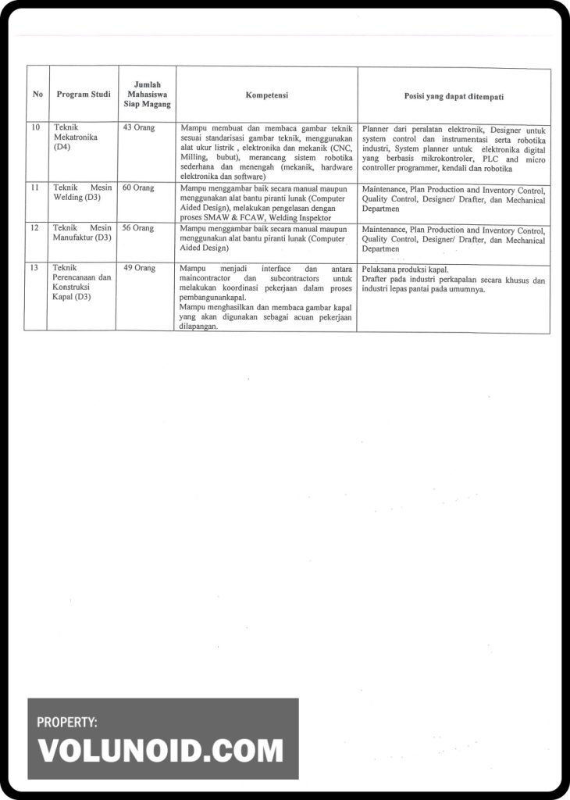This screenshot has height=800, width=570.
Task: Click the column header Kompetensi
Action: click(x=267, y=95)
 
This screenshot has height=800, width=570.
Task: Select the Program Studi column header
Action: click(x=83, y=95)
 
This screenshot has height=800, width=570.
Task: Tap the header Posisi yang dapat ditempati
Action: click(x=454, y=96)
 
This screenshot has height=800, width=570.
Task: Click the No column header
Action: click(x=37, y=95)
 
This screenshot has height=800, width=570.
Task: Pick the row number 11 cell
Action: click(x=35, y=188)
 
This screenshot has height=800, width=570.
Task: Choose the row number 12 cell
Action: click(x=35, y=228)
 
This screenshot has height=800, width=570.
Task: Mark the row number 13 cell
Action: click(x=35, y=268)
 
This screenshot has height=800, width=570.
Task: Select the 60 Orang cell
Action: click(x=138, y=188)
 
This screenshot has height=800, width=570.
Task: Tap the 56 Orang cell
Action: click(x=138, y=228)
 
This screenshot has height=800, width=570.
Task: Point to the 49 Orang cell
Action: click(x=140, y=268)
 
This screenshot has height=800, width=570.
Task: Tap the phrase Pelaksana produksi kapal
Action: click(x=405, y=270)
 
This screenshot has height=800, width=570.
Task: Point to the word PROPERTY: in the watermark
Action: click(x=67, y=723)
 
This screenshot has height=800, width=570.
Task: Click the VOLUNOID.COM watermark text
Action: click(x=161, y=751)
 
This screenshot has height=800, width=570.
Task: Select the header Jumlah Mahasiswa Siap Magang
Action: click(x=147, y=95)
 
